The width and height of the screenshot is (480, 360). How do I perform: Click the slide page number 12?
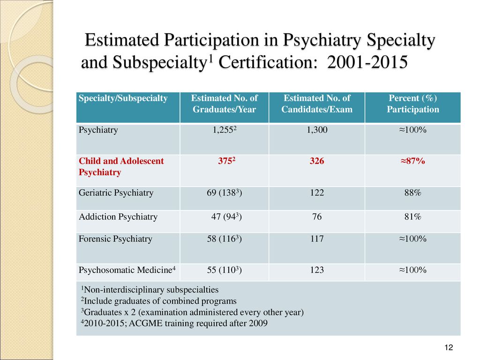pyautogui.click(x=449, y=347)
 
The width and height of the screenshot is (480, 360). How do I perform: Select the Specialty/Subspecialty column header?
pyautogui.click(x=123, y=98)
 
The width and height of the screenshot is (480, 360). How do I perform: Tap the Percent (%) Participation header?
pyautogui.click(x=412, y=104)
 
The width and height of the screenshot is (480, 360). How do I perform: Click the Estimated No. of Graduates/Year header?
pyautogui.click(x=225, y=104)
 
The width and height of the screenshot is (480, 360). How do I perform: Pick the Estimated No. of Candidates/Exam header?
pyautogui.click(x=317, y=104)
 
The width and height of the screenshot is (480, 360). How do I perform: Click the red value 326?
pyautogui.click(x=317, y=161)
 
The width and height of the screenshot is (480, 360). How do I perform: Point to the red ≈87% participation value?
pyautogui.click(x=412, y=161)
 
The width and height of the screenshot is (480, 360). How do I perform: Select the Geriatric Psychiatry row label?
pyautogui.click(x=116, y=193)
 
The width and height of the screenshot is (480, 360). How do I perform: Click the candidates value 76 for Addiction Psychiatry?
pyautogui.click(x=317, y=217)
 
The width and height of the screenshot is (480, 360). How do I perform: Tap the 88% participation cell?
pyautogui.click(x=412, y=193)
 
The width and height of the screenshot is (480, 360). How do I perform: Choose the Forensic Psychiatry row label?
pyautogui.click(x=115, y=239)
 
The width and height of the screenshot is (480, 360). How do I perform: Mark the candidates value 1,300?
pyautogui.click(x=317, y=130)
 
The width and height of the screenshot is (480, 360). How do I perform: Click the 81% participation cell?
pyautogui.click(x=412, y=217)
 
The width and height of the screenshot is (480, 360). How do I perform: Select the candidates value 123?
pyautogui.click(x=317, y=270)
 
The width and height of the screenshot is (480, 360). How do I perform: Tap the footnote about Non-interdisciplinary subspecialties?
pyautogui.click(x=150, y=290)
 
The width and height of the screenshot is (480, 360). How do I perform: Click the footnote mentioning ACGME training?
pyautogui.click(x=174, y=323)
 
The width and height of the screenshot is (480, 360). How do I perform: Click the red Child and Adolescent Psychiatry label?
pyautogui.click(x=121, y=166)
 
